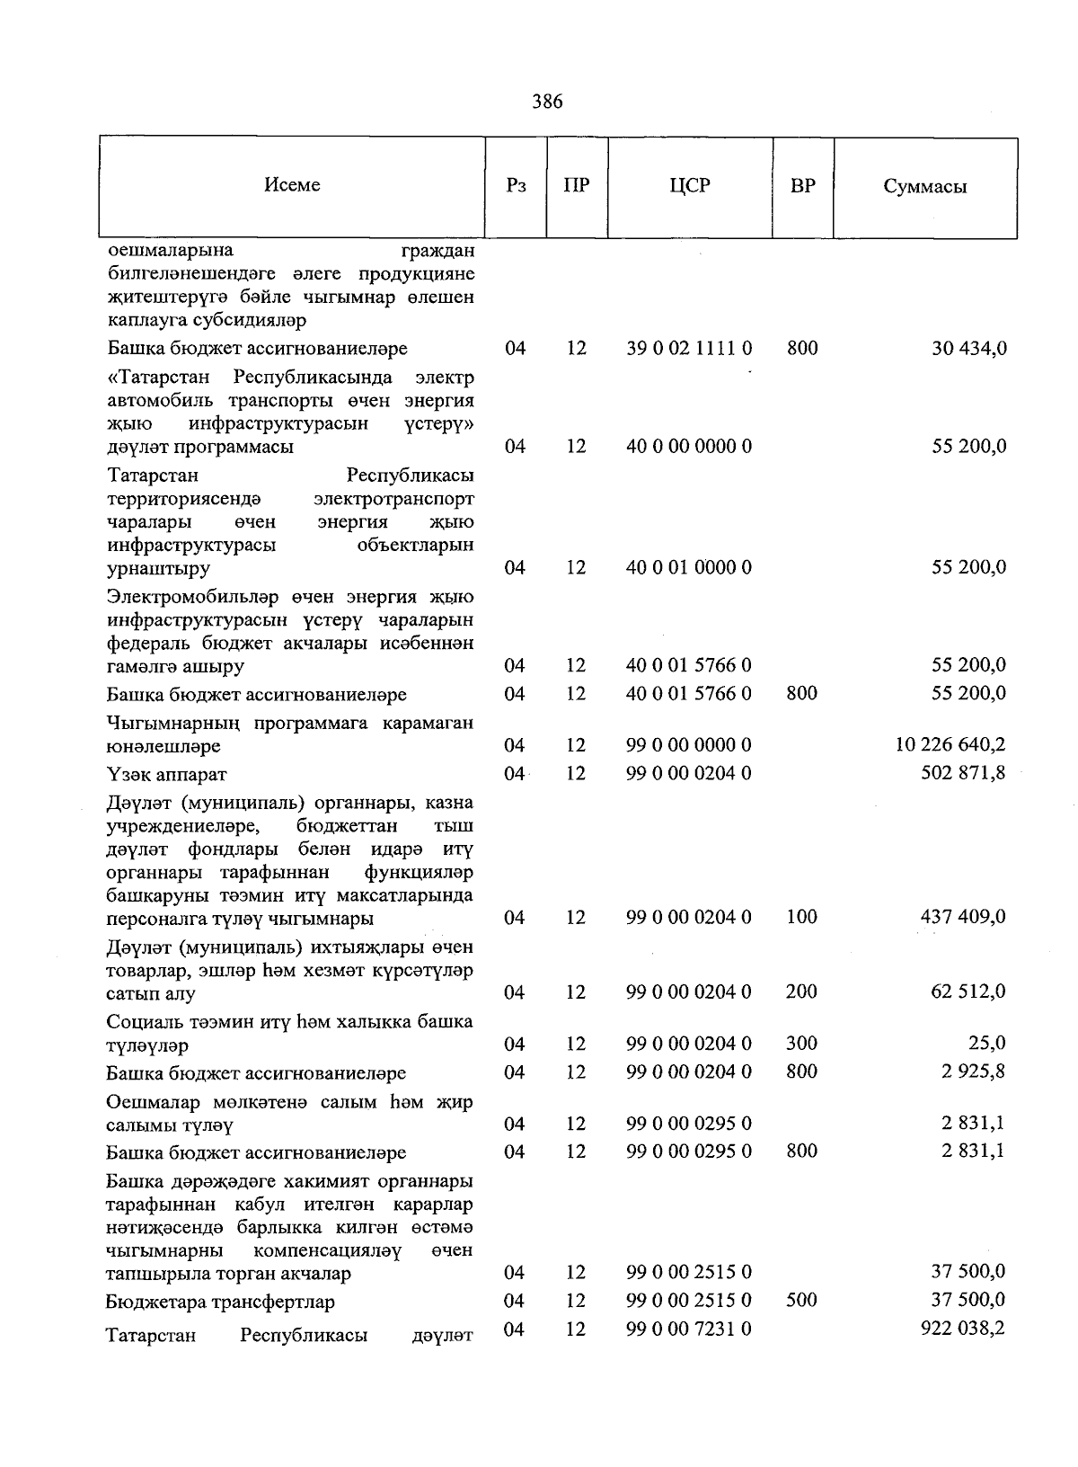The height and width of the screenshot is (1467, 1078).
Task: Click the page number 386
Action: tap(546, 102)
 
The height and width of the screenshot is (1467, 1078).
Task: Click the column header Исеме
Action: tap(292, 185)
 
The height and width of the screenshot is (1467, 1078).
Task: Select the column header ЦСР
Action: tap(689, 186)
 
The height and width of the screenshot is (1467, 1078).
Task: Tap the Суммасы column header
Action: tap(924, 187)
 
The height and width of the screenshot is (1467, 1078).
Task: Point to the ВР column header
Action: tap(802, 186)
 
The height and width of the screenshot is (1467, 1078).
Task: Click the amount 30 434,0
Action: tap(969, 348)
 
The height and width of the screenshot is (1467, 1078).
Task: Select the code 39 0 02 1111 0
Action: tap(689, 348)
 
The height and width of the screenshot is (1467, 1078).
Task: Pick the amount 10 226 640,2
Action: tap(950, 744)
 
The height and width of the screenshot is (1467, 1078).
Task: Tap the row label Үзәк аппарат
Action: tap(166, 774)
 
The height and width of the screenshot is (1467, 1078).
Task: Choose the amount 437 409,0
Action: tap(963, 916)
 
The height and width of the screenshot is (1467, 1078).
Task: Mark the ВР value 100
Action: tap(801, 916)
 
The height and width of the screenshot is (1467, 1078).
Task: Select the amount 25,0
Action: tap(987, 1043)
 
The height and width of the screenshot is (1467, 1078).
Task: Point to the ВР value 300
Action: tap(801, 1043)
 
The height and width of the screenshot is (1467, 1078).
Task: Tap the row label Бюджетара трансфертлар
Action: tap(220, 1302)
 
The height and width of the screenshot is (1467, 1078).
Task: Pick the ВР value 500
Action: tap(801, 1300)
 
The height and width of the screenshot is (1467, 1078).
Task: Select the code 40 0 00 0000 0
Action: tap(689, 446)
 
